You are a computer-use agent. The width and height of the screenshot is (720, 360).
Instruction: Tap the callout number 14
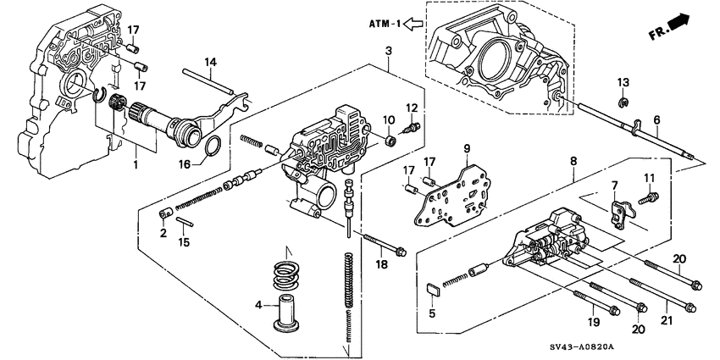[x=210, y=61]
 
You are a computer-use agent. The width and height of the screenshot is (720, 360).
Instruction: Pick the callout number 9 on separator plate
[x=465, y=149]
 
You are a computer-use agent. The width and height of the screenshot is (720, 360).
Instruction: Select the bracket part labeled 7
[x=622, y=213]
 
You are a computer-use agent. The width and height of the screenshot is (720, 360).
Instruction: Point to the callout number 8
[x=573, y=182]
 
